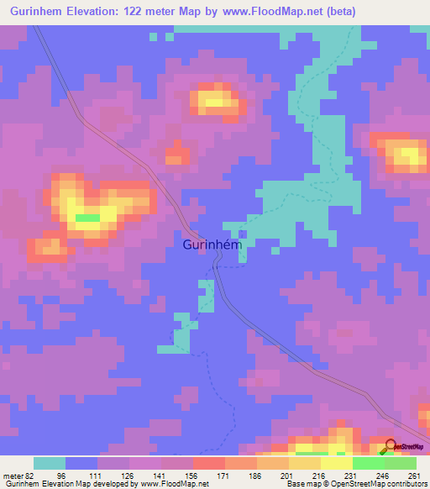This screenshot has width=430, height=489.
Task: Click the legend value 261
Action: pyautogui.click(x=413, y=476)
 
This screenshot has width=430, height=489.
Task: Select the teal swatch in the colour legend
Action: pyautogui.click(x=50, y=463)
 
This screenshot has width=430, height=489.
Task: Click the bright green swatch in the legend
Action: pyautogui.click(x=368, y=463)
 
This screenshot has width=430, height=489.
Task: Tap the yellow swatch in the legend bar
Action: pyautogui.click(x=336, y=463)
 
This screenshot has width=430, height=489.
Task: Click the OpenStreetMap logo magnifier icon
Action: pyautogui.click(x=389, y=446)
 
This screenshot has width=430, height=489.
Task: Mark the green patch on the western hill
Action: pyautogui.click(x=87, y=218)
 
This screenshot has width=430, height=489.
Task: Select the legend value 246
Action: pyautogui.click(x=382, y=476)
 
